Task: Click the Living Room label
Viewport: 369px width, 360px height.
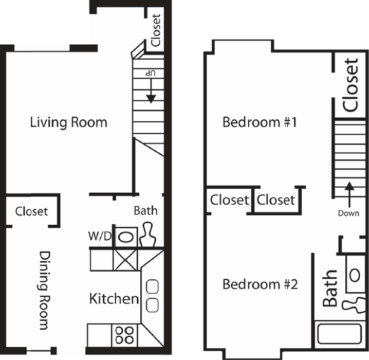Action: pos(68,122)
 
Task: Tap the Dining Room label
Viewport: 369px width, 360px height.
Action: pos(45,290)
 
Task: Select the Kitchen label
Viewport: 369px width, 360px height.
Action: pos(114,299)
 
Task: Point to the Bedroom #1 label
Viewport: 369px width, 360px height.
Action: pos(260,122)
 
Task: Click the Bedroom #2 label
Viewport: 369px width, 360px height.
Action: pos(260,284)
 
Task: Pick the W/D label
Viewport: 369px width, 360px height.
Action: pos(100,236)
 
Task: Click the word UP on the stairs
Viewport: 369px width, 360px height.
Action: pos(151,73)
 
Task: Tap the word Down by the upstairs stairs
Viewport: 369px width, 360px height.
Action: pos(348,213)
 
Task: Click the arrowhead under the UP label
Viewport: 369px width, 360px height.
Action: pos(151,99)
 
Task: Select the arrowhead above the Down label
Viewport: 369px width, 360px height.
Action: pos(349,186)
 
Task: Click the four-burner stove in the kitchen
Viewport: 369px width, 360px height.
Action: pos(125,335)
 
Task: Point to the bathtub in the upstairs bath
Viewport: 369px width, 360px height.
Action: pos(340,334)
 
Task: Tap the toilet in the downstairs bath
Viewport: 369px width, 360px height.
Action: pos(148,235)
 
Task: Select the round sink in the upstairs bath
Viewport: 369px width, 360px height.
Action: pos(355,276)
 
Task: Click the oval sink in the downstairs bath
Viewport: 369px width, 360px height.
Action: pos(126,237)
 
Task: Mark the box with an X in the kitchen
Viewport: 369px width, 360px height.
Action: pos(125,260)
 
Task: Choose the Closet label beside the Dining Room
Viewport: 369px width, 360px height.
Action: pos(31,211)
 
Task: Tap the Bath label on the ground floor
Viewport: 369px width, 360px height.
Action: pos(145,210)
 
